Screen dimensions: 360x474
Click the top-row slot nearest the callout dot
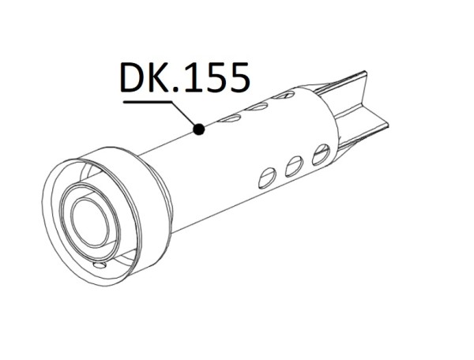231,118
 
